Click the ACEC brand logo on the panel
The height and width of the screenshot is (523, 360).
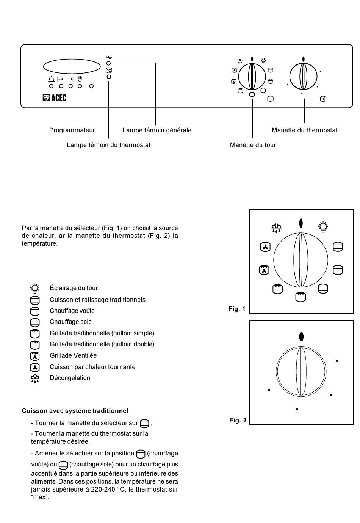coord(54,97)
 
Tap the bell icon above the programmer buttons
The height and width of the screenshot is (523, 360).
coord(51,79)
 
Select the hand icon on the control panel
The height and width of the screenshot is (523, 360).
coord(80,79)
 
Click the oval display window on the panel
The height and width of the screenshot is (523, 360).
coord(72,66)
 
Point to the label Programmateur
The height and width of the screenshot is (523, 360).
coord(72,130)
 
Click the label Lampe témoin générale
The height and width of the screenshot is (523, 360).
coord(157,130)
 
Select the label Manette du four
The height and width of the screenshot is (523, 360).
coord(253,145)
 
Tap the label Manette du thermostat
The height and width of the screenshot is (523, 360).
coord(304,130)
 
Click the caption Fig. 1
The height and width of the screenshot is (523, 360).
coord(237,309)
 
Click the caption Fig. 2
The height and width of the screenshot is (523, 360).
coord(238,420)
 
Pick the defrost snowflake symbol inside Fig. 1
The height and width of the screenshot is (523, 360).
coord(276,228)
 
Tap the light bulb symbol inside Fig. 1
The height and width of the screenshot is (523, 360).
coord(323,227)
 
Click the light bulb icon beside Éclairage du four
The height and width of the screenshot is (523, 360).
coord(35,288)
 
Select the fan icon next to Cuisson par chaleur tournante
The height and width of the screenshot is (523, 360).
coord(35,368)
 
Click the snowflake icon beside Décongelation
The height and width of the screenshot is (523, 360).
coord(35,379)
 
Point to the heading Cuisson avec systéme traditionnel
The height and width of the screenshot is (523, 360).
coord(75,411)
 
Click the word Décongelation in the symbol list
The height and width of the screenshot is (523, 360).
coord(70,378)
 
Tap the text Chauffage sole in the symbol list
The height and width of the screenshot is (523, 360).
coord(71,322)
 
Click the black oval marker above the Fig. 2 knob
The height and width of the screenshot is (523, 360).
coord(301,336)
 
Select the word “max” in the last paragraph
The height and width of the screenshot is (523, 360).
coord(40,497)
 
